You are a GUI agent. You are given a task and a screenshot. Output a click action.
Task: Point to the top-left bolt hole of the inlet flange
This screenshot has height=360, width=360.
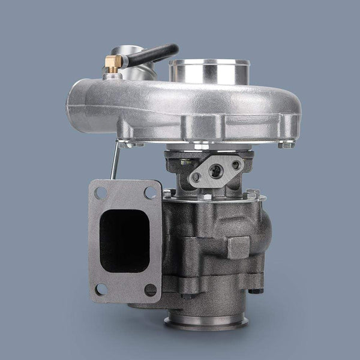coord(100,193)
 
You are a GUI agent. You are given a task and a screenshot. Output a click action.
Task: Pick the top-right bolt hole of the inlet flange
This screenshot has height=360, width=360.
coord(150,193)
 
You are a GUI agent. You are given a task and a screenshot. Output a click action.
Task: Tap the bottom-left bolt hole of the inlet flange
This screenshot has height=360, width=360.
coord(101,289)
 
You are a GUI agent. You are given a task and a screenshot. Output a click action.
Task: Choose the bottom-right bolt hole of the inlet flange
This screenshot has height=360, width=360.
coord(151,289)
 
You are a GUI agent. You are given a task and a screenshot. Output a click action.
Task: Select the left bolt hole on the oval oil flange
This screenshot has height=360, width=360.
coord(195,178)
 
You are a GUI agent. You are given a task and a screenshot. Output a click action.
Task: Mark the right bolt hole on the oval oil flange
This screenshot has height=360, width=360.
coord(236,164)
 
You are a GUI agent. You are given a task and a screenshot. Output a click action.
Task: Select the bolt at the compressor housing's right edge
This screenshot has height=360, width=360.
coord(286,145)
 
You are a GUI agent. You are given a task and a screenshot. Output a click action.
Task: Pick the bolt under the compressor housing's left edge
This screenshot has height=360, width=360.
coord(123,145)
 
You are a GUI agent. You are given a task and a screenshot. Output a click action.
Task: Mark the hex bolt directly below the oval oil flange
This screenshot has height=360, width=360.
coord(205,196)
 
